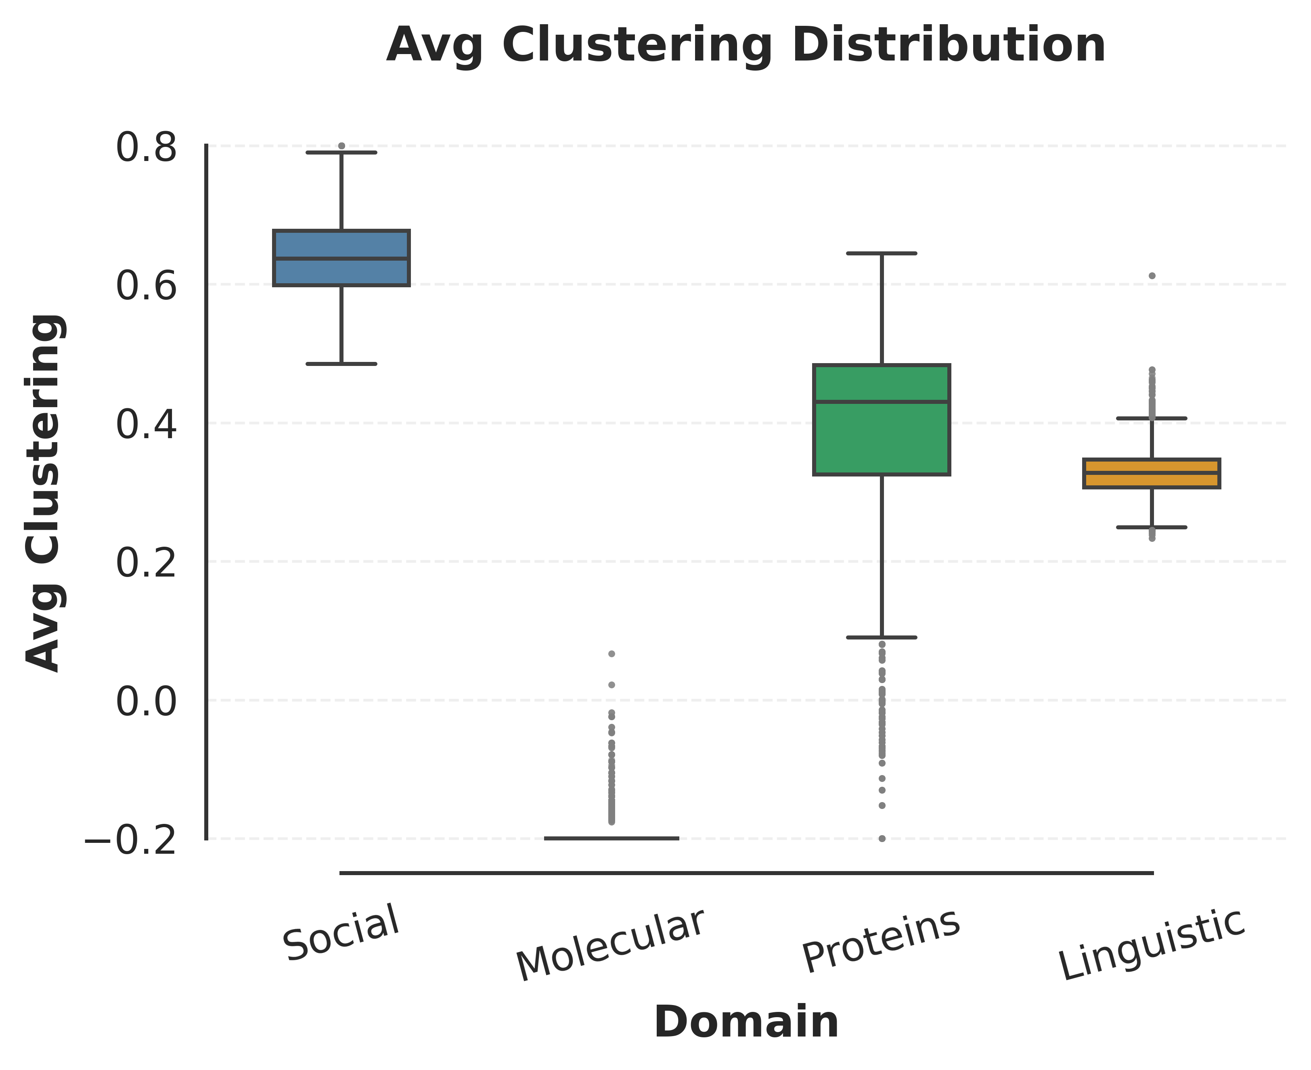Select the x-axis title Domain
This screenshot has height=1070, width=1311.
click(746, 1022)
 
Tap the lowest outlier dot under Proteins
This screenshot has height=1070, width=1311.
click(882, 838)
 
